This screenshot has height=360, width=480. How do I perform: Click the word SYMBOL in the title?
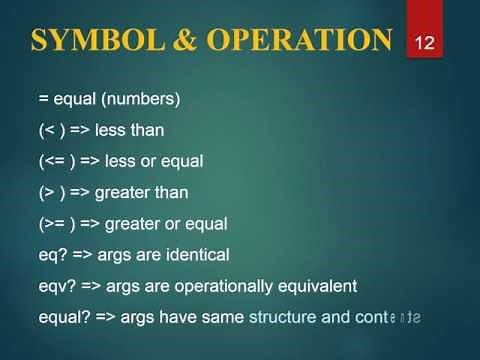pyautogui.click(x=87, y=39)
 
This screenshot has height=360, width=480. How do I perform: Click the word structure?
pyautogui.click(x=283, y=317)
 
